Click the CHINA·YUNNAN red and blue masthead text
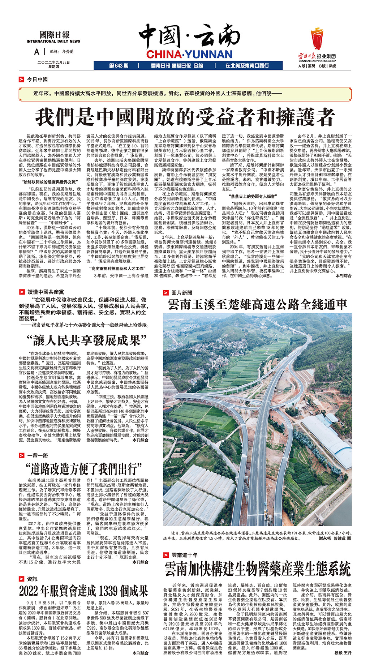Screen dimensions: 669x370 pos(189,55)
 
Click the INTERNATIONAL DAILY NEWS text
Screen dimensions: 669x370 pos(53,41)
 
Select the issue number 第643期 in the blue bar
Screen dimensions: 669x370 pos(119,65)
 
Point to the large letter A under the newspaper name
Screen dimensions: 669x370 pos(36,52)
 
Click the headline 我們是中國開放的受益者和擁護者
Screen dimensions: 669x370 pos(185,117)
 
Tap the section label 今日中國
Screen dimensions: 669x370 pos(37,79)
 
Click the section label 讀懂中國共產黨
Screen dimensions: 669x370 pos(46,292)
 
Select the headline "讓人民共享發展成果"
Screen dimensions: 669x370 pos(86,340)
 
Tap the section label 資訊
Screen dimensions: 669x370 pos(32,579)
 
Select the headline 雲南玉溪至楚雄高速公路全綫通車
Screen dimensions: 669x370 pos(257,304)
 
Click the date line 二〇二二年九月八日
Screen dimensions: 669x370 pos(53,62)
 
